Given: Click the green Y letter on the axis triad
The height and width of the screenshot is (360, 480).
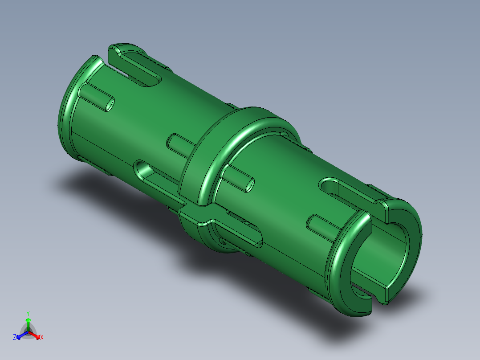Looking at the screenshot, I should pos(28,313).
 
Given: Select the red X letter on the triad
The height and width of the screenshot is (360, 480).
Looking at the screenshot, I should pos(42,338).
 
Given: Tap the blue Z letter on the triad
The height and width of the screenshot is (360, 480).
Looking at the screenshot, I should pos(15,337).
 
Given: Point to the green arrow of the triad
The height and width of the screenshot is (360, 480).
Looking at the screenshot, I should pos(28,323).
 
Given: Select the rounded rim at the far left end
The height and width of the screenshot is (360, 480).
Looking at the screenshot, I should pos(67,111).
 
